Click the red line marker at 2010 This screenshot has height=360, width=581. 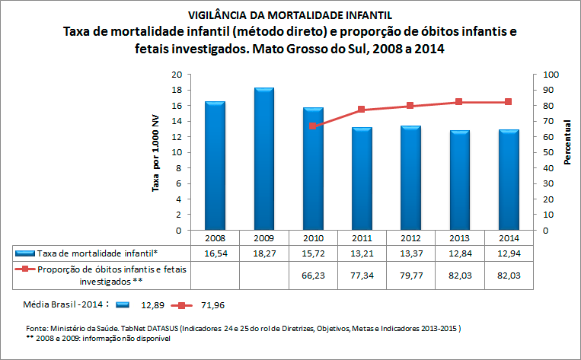(x=312, y=126)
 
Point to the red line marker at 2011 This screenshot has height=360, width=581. (x=361, y=110)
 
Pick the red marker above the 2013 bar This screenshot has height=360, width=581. (x=459, y=102)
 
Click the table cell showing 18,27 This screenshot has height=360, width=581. (x=263, y=252)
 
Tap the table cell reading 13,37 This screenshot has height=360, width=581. (x=410, y=252)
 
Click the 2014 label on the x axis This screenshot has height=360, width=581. (x=508, y=237)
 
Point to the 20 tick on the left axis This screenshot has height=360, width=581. (x=177, y=75)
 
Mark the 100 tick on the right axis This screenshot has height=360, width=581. (x=549, y=75)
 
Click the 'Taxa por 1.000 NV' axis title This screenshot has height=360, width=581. (x=156, y=152)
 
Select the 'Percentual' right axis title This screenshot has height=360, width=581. (x=568, y=142)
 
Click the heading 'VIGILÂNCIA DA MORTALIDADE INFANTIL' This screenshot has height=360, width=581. (x=290, y=14)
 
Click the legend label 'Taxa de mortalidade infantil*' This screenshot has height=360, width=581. (x=97, y=252)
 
